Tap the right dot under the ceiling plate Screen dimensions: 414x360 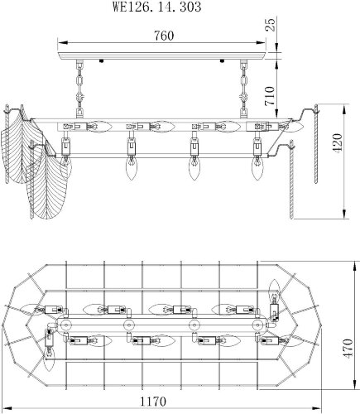click(x=226, y=60)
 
